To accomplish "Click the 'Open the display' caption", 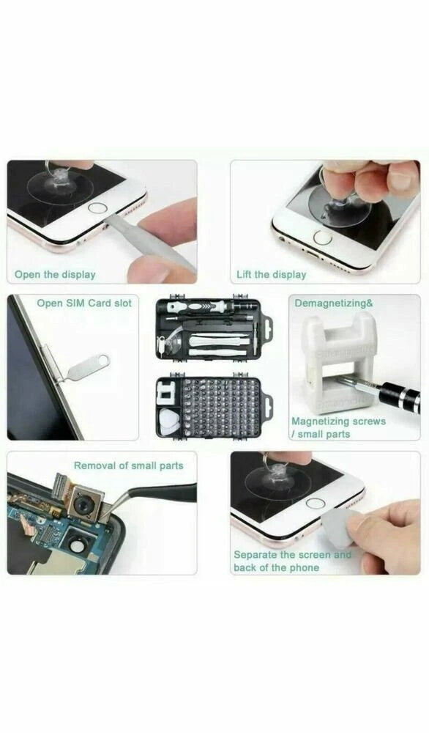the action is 55,274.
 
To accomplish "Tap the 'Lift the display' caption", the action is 271,274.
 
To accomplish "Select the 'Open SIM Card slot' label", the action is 84,303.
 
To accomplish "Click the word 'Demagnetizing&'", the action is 334,303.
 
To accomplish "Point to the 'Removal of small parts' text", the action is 129,465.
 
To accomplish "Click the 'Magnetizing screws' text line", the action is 339,421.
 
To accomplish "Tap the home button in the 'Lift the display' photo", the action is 323,237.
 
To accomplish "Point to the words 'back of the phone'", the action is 276,567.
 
